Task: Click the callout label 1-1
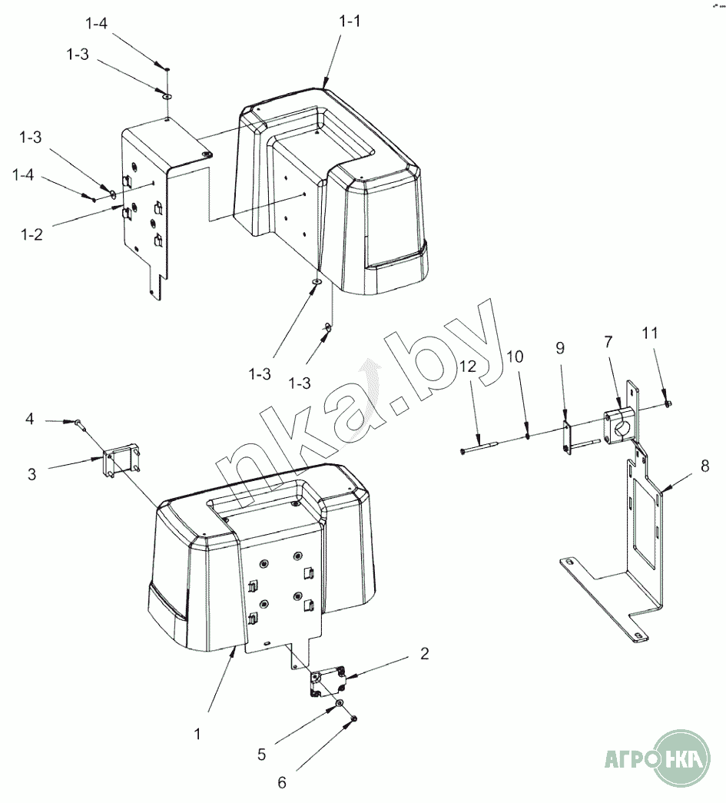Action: [350, 22]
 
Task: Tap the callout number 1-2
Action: [31, 234]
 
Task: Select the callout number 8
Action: [705, 466]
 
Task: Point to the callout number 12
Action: [468, 367]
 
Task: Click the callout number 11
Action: [650, 333]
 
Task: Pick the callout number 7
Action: [608, 341]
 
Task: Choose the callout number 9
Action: [560, 348]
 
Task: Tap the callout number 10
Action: [515, 357]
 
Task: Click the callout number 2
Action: [424, 653]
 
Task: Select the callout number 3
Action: [31, 474]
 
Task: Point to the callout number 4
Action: [30, 419]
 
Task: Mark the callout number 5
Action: [262, 755]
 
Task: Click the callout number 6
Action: [282, 782]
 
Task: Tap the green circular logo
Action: [683, 758]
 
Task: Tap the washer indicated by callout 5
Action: [340, 705]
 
